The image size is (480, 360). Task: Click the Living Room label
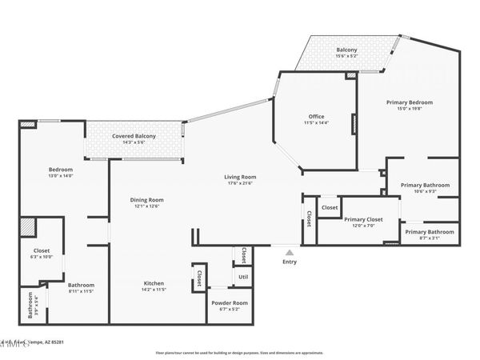(239, 177)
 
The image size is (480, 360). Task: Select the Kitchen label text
(154, 284)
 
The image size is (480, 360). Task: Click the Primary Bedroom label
(410, 102)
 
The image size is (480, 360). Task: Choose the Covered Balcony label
(134, 136)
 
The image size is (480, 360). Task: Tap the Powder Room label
(230, 302)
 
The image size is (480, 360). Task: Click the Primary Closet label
(363, 219)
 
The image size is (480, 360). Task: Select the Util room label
(242, 277)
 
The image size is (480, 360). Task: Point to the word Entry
(289, 261)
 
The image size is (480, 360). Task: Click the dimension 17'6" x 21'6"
(239, 184)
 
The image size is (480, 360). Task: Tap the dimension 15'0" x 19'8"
(410, 110)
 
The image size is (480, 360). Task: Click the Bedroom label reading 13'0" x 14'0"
(61, 170)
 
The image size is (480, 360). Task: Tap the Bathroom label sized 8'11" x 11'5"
(81, 285)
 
